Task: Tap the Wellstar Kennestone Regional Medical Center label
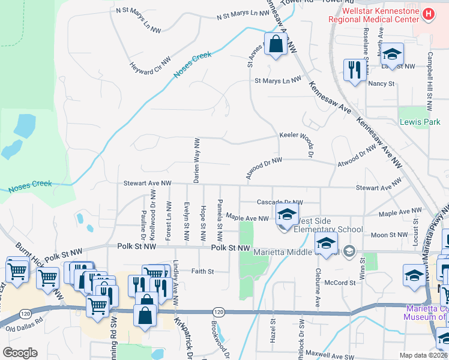pos(373,15)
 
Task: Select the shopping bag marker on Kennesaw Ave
pos(276,44)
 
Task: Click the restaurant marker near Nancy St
pos(354,70)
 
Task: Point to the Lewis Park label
pos(420,122)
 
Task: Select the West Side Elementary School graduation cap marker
pos(288,214)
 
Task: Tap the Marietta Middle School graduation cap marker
pos(326,244)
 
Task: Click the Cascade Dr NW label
pos(280,202)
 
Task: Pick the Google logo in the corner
pos(19,353)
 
